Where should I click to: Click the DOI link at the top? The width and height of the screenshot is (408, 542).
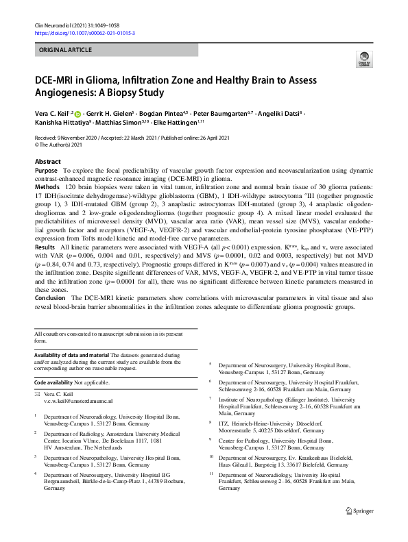84,32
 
